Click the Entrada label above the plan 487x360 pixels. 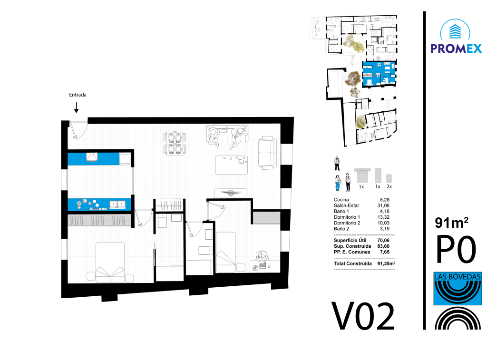[x=78, y=95]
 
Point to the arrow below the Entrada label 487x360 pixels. [x=76, y=107]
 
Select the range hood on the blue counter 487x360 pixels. [x=92, y=157]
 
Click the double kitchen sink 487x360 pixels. [x=117, y=204]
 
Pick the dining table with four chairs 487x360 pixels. [x=175, y=143]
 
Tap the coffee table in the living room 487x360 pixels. [x=232, y=165]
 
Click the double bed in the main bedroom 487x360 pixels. [x=110, y=263]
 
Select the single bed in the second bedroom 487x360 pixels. [x=225, y=252]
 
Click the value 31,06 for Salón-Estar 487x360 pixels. [x=383, y=205]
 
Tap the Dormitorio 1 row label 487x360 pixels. [x=347, y=217]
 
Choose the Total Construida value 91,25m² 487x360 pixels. [x=386, y=263]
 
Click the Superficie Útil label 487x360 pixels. [x=350, y=241]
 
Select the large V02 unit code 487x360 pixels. [x=363, y=316]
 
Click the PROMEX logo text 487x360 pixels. [x=456, y=49]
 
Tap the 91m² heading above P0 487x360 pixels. [x=451, y=223]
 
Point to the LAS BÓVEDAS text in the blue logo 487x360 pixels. [x=458, y=276]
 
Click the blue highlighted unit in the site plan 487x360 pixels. [x=379, y=74]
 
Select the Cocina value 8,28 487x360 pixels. [x=384, y=200]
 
